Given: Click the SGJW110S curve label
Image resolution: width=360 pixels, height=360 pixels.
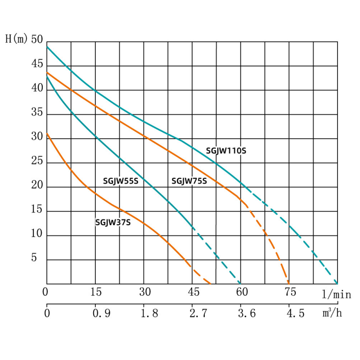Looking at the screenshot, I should click(226, 151).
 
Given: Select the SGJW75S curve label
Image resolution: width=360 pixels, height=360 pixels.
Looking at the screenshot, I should click(189, 181).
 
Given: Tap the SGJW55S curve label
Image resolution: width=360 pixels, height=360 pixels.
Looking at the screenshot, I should click(121, 181).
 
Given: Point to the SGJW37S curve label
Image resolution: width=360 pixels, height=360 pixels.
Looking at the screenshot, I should click(113, 222).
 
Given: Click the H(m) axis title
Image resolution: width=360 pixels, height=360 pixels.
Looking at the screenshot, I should click(16, 39).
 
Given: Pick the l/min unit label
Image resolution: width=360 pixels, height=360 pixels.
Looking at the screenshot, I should click(336, 295).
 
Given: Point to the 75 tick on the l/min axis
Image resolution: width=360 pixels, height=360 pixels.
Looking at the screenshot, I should click(290, 292).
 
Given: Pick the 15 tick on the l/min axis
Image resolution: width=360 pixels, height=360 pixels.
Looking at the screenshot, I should click(96, 292).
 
